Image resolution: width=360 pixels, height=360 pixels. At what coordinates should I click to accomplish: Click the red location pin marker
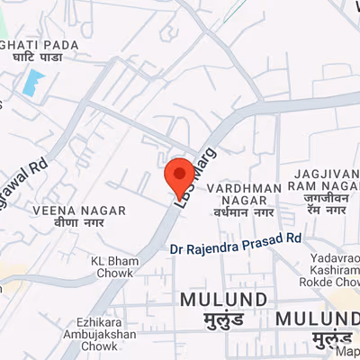(x=180, y=172)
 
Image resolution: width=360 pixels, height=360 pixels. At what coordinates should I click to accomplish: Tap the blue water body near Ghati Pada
(x=33, y=83)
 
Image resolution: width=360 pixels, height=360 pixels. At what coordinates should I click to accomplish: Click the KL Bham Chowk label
(x=111, y=267)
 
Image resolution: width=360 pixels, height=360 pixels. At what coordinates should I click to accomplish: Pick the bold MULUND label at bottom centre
(x=222, y=299)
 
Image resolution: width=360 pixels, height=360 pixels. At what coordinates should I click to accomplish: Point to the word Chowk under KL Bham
(x=112, y=274)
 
